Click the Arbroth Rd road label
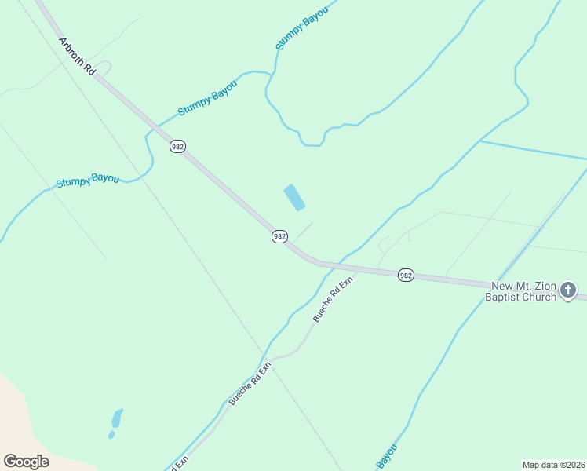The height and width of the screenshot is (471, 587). [77, 56]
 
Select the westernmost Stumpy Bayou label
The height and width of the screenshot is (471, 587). [87, 181]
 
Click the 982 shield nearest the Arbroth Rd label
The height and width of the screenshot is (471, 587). [177, 147]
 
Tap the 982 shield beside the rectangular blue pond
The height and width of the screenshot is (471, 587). [279, 236]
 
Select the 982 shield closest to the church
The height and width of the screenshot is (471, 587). [405, 275]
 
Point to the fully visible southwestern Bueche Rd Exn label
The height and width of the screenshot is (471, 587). [250, 383]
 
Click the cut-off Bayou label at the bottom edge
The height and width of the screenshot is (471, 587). [387, 458]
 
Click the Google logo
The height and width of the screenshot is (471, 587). [26, 462]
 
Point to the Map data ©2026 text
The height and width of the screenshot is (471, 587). [552, 464]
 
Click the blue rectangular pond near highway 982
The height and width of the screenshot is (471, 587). [294, 198]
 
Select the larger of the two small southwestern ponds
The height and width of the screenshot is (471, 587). [117, 418]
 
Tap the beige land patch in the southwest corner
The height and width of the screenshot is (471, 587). [31, 432]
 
